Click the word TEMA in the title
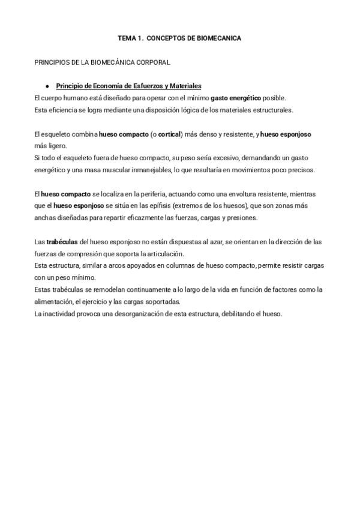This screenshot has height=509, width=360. (x=126, y=38)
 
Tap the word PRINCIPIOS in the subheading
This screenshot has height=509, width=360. (x=52, y=62)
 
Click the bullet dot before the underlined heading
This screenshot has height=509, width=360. (x=47, y=86)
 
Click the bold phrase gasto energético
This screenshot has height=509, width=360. (x=236, y=98)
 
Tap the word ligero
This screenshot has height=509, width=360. (x=58, y=146)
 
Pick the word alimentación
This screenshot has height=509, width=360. (x=54, y=302)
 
